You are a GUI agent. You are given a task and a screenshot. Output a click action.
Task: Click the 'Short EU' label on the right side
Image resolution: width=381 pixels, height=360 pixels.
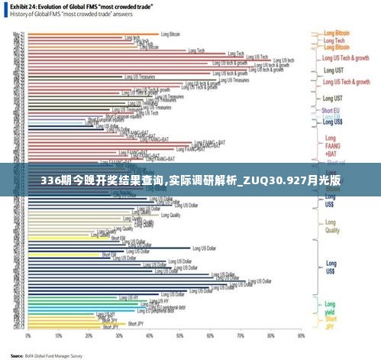(332, 112)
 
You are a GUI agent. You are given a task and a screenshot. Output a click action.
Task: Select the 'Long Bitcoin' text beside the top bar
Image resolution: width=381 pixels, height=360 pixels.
(170, 34)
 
